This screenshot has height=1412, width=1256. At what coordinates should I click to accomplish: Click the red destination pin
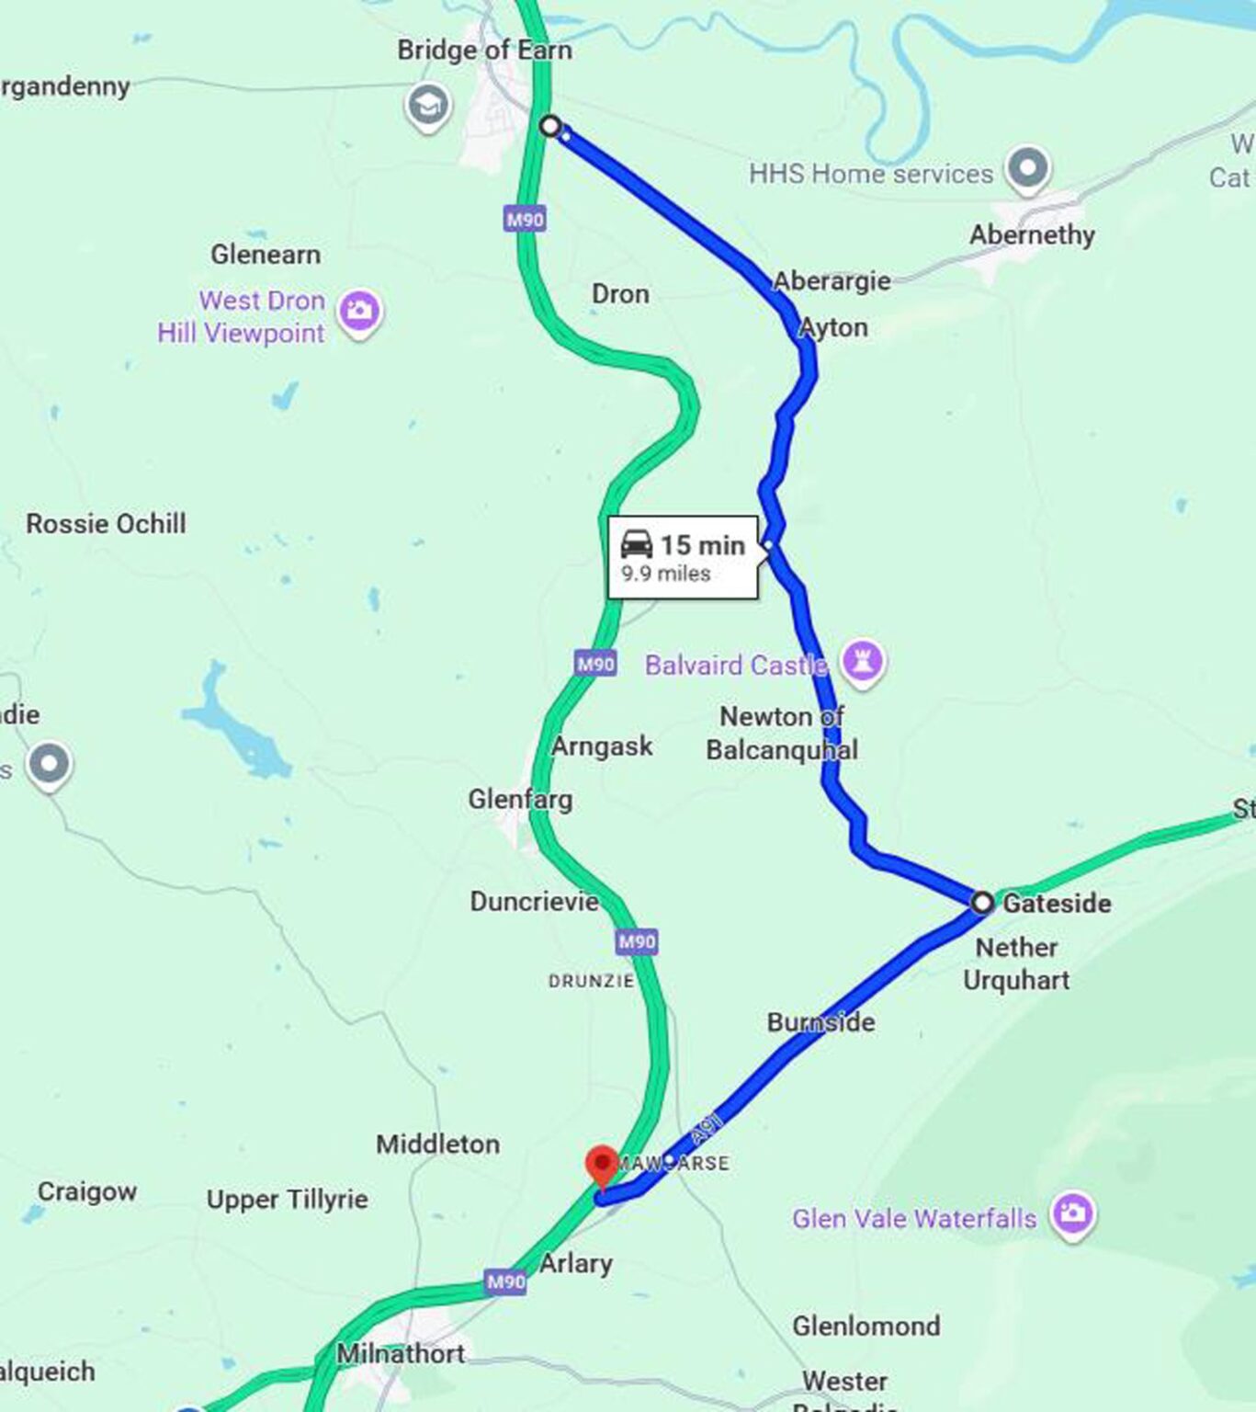(602, 1165)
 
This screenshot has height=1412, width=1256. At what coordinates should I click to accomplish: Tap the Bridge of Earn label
(484, 50)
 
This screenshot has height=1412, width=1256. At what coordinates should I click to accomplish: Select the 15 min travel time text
(702, 545)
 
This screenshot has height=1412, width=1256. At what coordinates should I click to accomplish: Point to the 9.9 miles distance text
(665, 574)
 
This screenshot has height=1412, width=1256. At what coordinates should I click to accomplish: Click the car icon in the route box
(636, 544)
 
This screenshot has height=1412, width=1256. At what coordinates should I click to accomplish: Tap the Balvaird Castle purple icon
(862, 660)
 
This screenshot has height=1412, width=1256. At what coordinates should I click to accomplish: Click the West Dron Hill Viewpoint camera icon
(359, 310)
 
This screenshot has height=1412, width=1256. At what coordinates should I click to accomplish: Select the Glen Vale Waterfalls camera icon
(1072, 1213)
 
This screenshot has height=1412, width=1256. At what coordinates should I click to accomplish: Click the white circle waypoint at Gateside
(982, 902)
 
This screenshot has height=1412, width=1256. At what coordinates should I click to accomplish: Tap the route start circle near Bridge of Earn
(549, 125)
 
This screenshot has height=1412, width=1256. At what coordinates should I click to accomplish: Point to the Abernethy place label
(1032, 234)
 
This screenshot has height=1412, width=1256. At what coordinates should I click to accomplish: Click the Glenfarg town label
(520, 799)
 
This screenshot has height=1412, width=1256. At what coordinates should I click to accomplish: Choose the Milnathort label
(401, 1353)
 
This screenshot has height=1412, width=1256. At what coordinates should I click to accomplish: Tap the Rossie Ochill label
(106, 523)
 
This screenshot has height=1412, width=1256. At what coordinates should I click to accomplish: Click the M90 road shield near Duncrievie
(637, 941)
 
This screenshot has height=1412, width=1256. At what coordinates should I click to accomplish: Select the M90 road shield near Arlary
(505, 1281)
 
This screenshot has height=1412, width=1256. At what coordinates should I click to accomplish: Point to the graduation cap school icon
(427, 105)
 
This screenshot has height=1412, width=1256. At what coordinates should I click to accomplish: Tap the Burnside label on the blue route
(820, 1021)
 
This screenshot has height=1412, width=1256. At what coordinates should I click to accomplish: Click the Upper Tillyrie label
(287, 1199)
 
